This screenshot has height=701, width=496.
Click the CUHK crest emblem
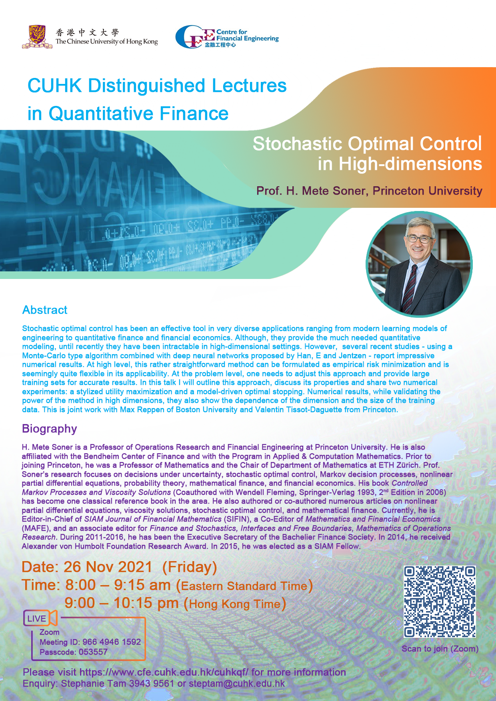(37, 37)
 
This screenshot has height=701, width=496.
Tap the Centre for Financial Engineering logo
(227, 37)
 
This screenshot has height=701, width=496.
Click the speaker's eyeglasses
(418, 239)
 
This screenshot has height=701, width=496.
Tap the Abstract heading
(45, 310)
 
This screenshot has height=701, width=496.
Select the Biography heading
(49, 429)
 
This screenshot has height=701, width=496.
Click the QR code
(440, 601)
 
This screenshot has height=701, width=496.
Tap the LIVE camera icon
(40, 618)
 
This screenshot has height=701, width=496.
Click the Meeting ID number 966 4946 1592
(112, 642)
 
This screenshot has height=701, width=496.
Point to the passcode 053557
(93, 652)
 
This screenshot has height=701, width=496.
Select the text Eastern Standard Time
(244, 586)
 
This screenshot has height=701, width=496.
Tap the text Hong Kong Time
(235, 604)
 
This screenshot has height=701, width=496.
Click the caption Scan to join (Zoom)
(440, 649)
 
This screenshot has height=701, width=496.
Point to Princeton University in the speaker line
(427, 191)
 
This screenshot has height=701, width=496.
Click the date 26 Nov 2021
(108, 567)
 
